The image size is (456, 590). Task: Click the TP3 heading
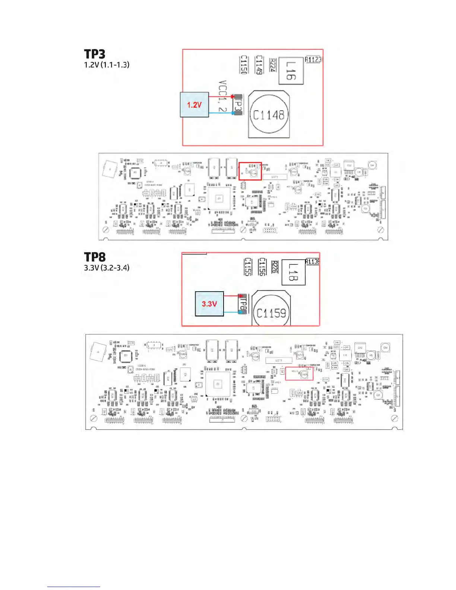tap(95, 54)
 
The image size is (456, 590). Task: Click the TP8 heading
tap(95, 257)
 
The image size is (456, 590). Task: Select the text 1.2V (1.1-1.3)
tap(107, 65)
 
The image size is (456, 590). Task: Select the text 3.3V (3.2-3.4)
tap(107, 268)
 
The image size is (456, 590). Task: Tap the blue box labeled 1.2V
tap(194, 105)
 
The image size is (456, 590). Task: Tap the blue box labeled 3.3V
tap(209, 304)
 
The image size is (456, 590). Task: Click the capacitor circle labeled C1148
tap(269, 115)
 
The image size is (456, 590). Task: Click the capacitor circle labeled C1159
tap(271, 313)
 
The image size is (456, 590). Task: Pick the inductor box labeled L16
tap(291, 71)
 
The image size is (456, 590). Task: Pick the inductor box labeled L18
tap(294, 272)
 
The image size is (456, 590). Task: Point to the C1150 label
tap(244, 65)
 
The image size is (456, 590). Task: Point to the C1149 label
tap(259, 65)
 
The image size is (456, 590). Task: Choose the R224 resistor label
tap(272, 65)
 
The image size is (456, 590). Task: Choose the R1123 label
tap(313, 60)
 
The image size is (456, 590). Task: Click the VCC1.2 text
tap(222, 96)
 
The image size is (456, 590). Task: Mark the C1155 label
tap(248, 267)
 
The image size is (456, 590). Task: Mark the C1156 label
tap(262, 267)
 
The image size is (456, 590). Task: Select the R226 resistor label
tap(275, 267)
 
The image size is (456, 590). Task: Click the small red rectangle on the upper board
tap(250, 171)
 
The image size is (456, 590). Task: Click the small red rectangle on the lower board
tap(299, 374)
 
